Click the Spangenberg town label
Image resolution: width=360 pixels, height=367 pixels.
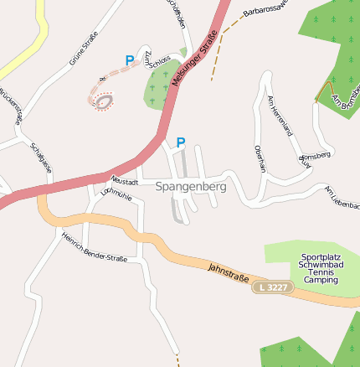191,187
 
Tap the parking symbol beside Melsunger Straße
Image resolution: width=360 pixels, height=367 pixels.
180,143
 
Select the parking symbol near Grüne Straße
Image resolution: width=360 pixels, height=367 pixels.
129,60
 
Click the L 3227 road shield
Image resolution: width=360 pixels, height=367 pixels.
273,287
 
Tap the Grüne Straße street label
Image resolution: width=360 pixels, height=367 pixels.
84,47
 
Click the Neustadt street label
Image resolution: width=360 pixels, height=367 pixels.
125,180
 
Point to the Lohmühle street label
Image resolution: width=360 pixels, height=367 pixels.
116,194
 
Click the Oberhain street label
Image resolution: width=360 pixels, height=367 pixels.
260,158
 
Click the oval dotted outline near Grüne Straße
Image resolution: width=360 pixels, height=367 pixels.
103,101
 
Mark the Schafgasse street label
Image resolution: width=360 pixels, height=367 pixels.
41,158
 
